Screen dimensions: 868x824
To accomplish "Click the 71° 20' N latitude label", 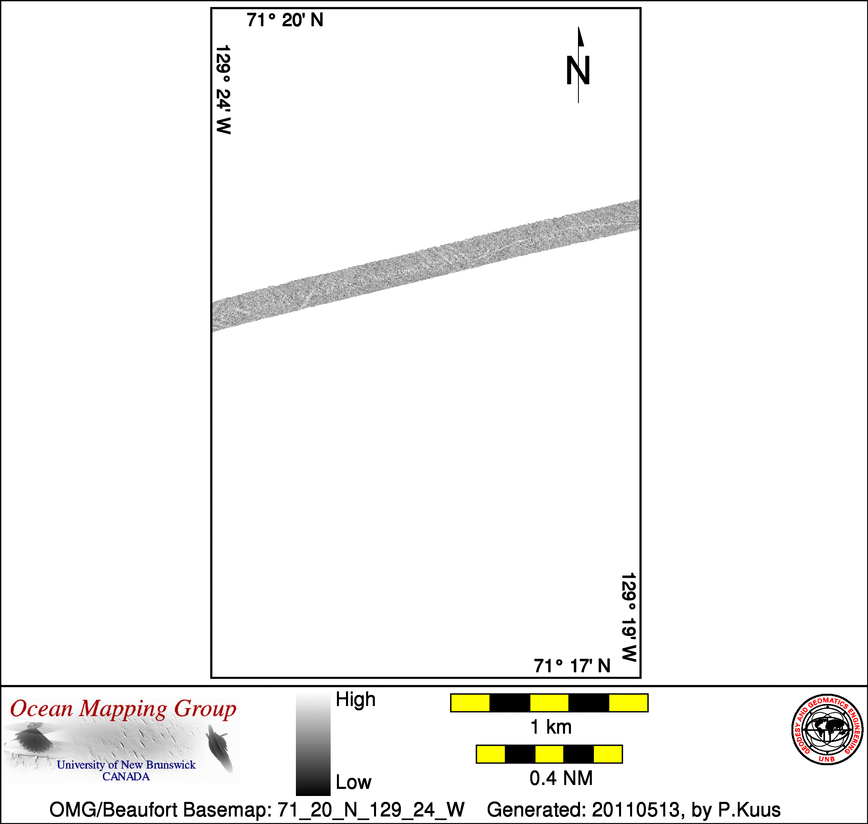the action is point(284,20).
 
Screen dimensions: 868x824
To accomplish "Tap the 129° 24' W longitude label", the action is point(223,89).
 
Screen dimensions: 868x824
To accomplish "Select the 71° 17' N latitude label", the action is point(572,666).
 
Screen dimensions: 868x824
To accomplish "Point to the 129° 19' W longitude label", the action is point(629,617).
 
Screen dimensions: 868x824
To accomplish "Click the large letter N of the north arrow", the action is point(578,70).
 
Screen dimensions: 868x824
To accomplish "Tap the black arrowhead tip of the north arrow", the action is point(578,27).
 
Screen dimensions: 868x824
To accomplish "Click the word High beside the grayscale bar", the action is point(355,699).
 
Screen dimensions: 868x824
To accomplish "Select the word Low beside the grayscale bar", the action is point(354,782).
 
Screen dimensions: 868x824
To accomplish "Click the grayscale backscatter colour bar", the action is point(313,744).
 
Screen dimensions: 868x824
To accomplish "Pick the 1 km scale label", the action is point(551,727).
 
